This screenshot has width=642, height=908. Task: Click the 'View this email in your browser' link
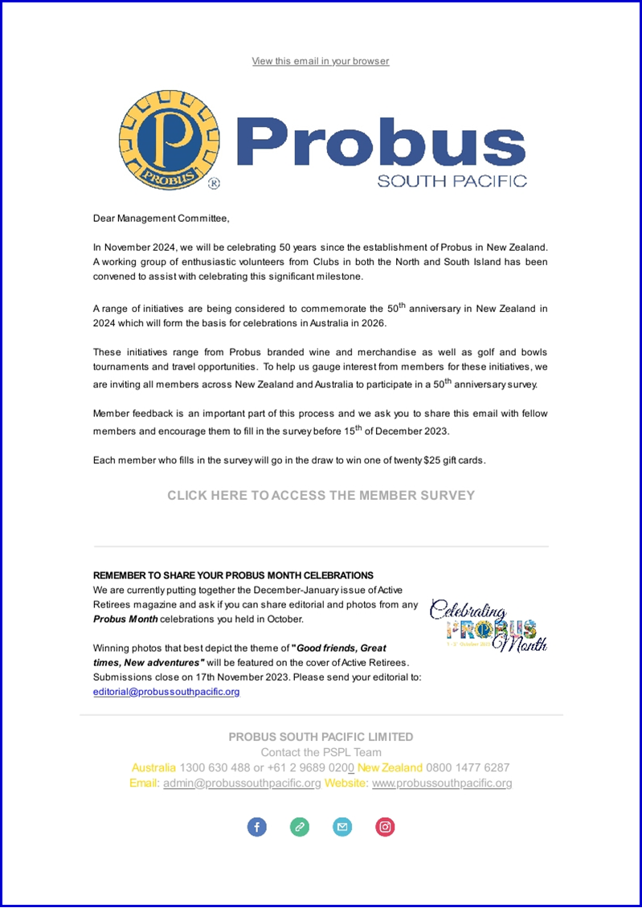321,61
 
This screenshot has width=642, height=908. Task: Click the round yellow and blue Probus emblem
168,140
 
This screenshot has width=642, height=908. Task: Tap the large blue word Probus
381,143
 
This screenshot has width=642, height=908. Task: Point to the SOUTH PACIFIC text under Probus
452,181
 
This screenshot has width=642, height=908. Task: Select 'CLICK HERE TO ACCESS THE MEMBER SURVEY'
321,496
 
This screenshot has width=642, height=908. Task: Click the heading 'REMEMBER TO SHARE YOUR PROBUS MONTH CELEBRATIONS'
233,575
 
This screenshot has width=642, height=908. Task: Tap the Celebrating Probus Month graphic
489,625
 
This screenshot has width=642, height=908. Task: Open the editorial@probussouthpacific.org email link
166,691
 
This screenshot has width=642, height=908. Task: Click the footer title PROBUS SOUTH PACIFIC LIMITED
321,737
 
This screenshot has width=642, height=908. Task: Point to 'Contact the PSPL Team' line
321,752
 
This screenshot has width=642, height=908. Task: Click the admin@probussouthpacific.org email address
242,783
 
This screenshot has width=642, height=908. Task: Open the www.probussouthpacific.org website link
441,783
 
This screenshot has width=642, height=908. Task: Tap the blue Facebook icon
256,827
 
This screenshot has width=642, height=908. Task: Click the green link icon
300,827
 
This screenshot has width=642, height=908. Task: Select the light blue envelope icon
342,827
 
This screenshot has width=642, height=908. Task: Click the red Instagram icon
386,827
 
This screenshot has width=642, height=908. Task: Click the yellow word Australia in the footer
153,767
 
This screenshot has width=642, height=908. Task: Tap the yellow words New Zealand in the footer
390,767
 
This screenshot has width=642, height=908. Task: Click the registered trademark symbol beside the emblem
214,183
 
